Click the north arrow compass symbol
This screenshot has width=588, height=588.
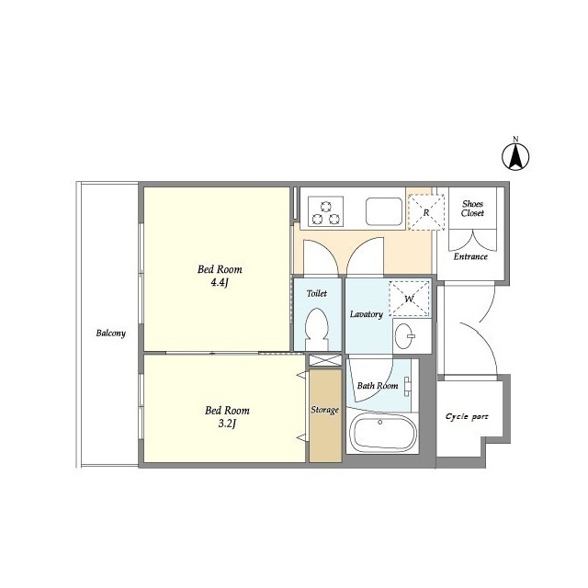[515, 156]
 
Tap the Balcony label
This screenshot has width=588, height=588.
[110, 333]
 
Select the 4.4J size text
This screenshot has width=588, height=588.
[220, 282]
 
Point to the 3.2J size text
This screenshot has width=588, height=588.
[227, 424]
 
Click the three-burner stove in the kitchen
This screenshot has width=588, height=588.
[325, 211]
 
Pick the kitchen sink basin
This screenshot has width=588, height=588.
[384, 211]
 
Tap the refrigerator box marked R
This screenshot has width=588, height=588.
[426, 212]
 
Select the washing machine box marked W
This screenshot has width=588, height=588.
[409, 299]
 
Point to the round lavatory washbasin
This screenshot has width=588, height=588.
[404, 335]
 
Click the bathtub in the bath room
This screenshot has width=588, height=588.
[382, 434]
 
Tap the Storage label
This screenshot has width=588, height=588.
[324, 410]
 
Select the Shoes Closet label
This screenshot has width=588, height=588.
[472, 209]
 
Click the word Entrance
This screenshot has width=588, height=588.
[470, 256]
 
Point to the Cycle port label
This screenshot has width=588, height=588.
[467, 416]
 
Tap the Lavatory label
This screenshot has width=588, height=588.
[367, 314]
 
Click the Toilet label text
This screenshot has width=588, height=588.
[317, 293]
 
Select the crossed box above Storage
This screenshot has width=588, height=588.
[325, 360]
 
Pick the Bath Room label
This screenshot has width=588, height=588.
[378, 386]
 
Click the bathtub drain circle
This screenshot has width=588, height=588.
[379, 423]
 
